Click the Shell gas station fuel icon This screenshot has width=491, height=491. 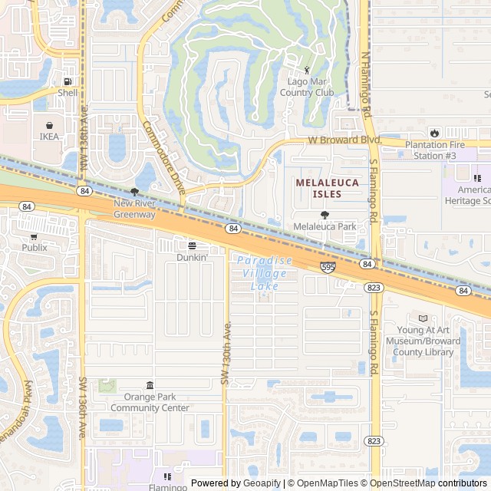tap(68, 81)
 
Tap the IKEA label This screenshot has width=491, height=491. tap(49, 137)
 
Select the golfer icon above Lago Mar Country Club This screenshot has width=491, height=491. tap(307, 70)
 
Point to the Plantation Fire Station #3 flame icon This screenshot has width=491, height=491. tap(435, 133)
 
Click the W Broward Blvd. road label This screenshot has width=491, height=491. tap(344, 140)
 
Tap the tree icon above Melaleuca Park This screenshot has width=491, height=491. tap(325, 215)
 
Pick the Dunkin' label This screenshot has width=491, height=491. tap(192, 258)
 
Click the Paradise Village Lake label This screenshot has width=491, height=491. tap(264, 273)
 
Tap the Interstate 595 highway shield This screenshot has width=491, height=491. tap(328, 267)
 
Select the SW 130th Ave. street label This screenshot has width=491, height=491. tap(226, 353)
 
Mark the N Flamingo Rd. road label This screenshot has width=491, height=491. tap(367, 84)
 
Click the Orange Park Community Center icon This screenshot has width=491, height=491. tap(150, 386)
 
